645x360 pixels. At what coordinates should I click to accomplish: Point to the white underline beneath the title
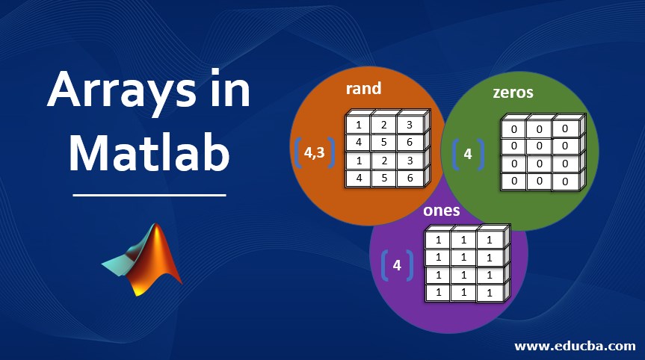point(149,196)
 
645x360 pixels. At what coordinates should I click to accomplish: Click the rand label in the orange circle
point(364,88)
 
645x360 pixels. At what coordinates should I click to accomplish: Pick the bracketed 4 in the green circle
point(468,155)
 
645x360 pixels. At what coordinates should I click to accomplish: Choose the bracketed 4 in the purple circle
point(397,264)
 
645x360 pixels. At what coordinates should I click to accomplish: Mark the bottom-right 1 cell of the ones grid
point(488,294)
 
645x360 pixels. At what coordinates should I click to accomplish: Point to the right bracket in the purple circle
point(410,265)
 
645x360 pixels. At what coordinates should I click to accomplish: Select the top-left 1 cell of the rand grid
point(358,125)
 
